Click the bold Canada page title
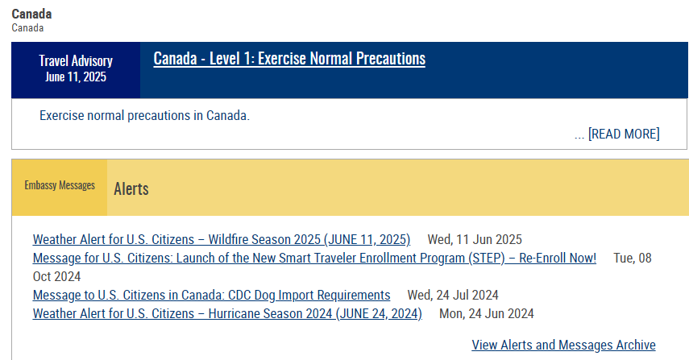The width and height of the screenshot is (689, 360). pos(31,14)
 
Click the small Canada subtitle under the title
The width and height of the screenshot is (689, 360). pos(27,28)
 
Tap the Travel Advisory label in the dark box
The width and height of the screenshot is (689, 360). pos(76,60)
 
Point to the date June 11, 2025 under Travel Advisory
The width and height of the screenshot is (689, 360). pos(76,77)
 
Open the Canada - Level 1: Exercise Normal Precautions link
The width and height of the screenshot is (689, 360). pos(289,59)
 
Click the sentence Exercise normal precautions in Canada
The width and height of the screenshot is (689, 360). pos(144,115)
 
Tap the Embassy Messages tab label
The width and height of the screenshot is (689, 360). pos(60,185)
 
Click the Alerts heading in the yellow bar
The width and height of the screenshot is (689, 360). pos(131,188)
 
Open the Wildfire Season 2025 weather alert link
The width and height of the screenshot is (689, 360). pos(222,240)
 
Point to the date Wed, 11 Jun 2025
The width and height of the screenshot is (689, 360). pos(475,240)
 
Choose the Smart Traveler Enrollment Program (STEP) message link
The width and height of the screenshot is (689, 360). pos(314,259)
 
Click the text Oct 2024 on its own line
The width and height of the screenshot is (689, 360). pos(56,276)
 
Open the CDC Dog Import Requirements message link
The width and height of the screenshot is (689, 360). pos(211,295)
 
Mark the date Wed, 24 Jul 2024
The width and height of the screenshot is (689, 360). pos(453,295)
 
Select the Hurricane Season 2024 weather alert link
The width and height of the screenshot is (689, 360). pos(227,314)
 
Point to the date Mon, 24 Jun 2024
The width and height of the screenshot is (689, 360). pos(487,314)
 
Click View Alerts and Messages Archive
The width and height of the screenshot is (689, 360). pos(564,345)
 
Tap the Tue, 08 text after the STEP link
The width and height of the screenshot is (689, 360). pos(633,259)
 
